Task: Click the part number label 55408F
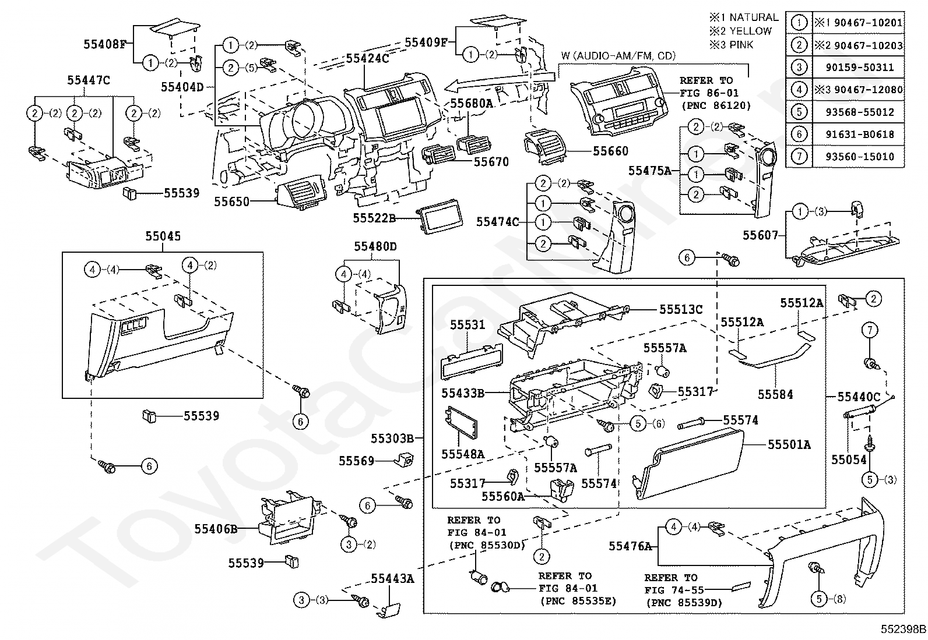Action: [105, 44]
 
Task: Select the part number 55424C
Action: [367, 59]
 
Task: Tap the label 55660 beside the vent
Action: [610, 151]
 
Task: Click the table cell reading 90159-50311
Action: [859, 68]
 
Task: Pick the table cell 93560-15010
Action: [859, 157]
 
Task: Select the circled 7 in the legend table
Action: [799, 157]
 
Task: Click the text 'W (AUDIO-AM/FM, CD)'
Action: [618, 56]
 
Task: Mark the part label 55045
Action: [163, 236]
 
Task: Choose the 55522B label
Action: [374, 218]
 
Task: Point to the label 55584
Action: [775, 394]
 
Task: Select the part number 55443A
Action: [392, 578]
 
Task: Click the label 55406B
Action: [216, 529]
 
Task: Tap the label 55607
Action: [760, 235]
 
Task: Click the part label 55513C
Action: [681, 310]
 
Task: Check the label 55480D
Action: [375, 247]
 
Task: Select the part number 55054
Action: [849, 459]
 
